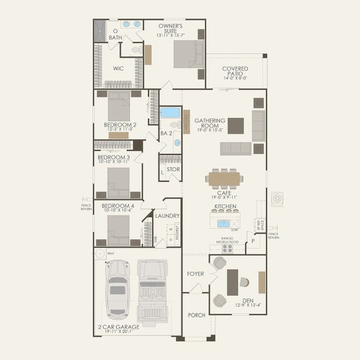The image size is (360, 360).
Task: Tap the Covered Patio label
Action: click(x=235, y=73)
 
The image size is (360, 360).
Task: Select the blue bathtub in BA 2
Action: click(x=170, y=112)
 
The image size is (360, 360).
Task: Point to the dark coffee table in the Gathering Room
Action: click(x=236, y=125)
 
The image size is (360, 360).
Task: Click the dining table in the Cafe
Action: click(x=224, y=178)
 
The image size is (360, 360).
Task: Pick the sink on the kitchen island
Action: click(x=224, y=223)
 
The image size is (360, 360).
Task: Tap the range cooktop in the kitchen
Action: click(x=227, y=248)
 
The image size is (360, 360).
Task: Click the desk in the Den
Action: click(x=233, y=282)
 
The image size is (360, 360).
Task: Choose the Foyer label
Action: click(x=196, y=274)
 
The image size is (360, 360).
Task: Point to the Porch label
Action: click(x=196, y=315)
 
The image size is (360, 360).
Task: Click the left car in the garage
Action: click(x=117, y=289)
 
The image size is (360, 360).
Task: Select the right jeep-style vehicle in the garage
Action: click(x=152, y=290)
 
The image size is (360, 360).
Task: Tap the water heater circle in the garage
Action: click(x=101, y=254)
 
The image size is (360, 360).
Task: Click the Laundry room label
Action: click(x=167, y=215)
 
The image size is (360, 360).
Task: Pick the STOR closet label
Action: click(x=173, y=169)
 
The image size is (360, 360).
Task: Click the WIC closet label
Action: click(x=119, y=68)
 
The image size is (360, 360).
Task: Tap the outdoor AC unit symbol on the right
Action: click(x=277, y=199)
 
